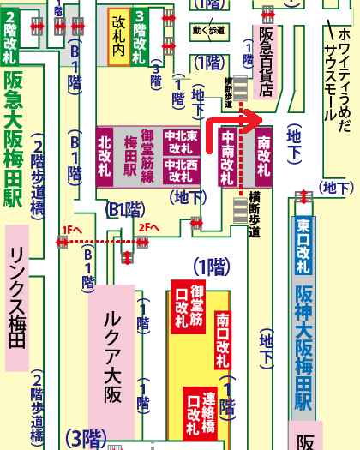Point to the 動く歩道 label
208,30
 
